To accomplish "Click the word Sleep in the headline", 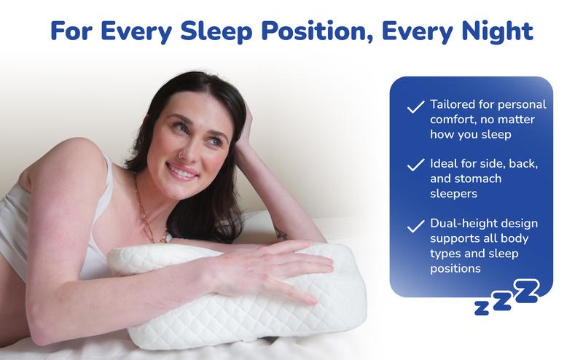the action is click(x=216, y=31).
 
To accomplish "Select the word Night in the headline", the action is click(x=497, y=31).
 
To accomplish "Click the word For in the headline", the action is click(x=71, y=31).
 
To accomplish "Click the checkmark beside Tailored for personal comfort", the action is click(x=415, y=106).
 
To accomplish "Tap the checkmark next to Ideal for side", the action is click(x=415, y=165).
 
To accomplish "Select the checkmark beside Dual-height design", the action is click(x=415, y=226).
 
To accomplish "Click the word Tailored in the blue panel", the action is click(x=453, y=104).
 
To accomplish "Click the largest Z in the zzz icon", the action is click(x=526, y=291).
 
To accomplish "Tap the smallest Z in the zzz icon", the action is click(x=482, y=308).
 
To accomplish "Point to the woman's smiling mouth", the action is click(x=182, y=172).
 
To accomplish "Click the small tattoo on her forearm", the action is click(x=281, y=234).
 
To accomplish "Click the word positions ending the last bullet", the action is click(x=455, y=269).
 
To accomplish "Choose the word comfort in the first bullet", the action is click(x=452, y=120).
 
